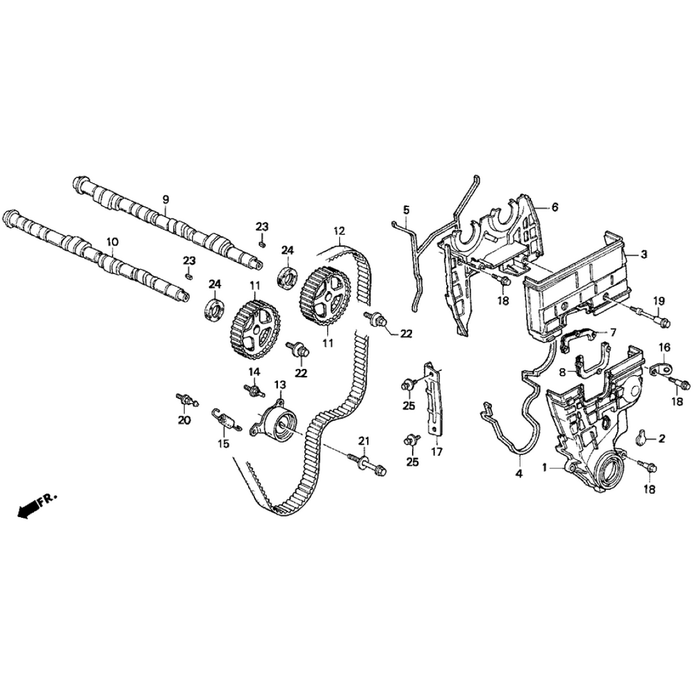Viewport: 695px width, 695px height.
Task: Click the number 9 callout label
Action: point(166,199)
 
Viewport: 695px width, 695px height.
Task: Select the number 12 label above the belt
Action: point(339,231)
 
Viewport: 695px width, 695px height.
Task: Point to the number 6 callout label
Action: point(555,207)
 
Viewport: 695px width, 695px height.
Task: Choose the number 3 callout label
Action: point(644,255)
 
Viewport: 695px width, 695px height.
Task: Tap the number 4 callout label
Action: point(518,474)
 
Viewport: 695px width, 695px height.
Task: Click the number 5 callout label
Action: point(407,208)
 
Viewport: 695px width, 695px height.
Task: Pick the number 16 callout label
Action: point(664,347)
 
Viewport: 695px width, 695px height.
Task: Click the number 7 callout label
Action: point(613,332)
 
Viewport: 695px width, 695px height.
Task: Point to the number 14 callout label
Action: point(254,371)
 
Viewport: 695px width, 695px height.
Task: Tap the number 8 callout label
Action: point(563,372)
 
